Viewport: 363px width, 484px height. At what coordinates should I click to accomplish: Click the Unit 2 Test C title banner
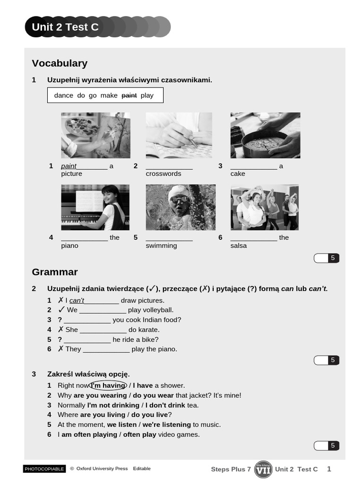[65, 27]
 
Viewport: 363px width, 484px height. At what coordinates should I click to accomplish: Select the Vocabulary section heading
[60, 63]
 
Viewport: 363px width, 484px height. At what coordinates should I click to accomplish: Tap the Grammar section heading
[55, 272]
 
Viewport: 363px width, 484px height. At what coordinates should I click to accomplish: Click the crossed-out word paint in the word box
[129, 95]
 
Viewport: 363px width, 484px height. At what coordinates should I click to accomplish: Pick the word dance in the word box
[64, 95]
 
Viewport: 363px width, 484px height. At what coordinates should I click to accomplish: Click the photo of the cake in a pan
[265, 135]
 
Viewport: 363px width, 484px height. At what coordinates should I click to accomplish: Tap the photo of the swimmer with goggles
[181, 207]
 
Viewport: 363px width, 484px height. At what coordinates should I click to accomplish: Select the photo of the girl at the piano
[95, 207]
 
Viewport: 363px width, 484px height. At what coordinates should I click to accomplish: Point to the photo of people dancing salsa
[265, 207]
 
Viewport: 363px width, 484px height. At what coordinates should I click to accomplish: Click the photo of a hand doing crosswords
[179, 135]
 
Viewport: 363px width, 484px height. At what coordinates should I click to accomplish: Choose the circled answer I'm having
[108, 386]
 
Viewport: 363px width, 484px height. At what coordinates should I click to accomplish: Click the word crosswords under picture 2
[164, 174]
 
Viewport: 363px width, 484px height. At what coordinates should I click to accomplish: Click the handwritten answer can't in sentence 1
[77, 301]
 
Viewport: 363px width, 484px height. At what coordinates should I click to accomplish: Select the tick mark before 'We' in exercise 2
[61, 310]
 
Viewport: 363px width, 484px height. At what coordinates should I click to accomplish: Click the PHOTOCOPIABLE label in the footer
[44, 469]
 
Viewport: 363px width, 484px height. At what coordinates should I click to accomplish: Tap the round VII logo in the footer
[263, 469]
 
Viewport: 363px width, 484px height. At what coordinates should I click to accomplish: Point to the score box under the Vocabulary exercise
[327, 258]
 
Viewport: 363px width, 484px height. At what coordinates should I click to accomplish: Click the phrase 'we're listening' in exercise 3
[167, 425]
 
